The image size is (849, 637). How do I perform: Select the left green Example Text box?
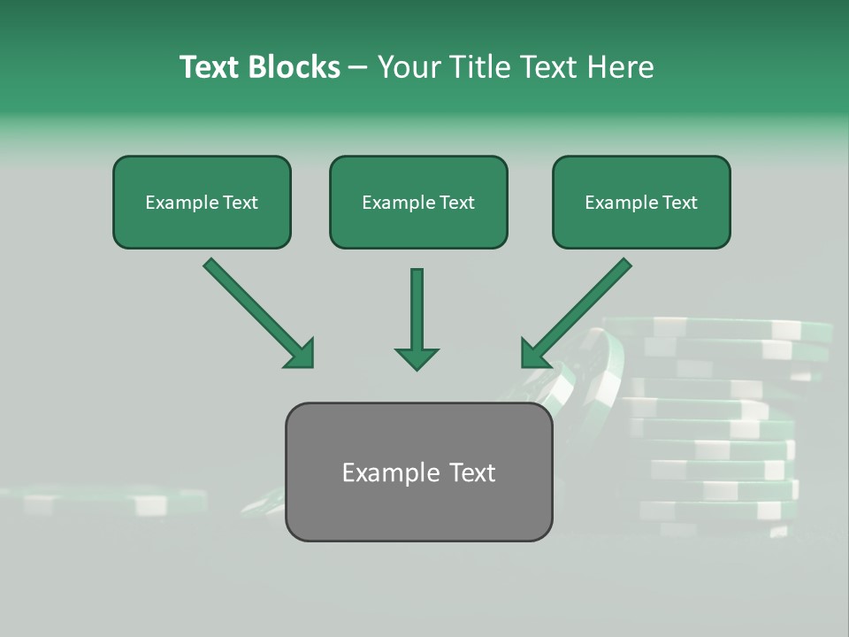coord(202,203)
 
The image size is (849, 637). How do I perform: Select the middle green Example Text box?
coord(418,203)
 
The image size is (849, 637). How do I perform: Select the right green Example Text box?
coord(641,203)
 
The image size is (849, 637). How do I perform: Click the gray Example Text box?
coord(418,472)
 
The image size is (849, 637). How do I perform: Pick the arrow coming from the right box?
coord(579,310)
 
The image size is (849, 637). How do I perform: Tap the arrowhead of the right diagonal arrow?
coord(535,354)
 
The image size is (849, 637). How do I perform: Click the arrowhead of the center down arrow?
coord(417,357)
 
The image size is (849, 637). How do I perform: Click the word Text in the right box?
coord(679,203)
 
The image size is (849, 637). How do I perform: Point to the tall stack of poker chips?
coord(725,425)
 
